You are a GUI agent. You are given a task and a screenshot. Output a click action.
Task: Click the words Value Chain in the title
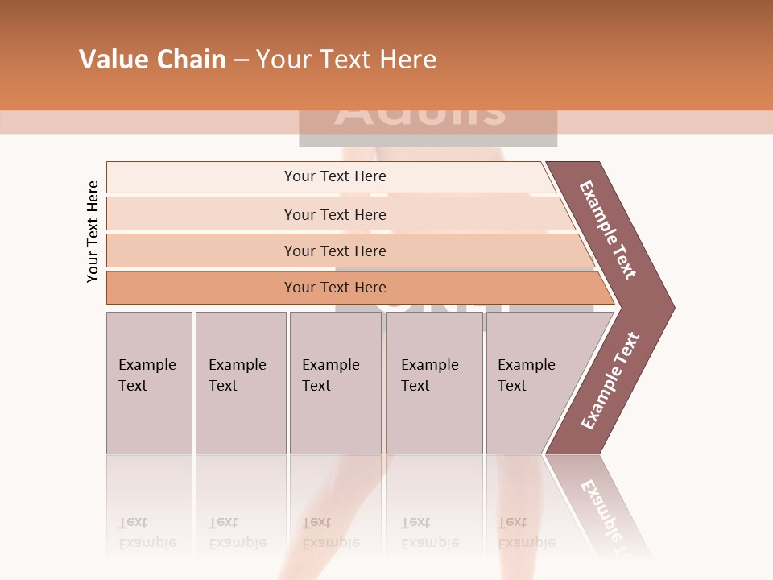(152, 60)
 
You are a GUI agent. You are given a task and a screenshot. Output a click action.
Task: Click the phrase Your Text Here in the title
(346, 60)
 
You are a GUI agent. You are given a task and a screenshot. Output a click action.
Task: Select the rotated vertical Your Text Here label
(93, 231)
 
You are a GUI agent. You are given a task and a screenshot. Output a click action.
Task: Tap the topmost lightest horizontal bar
(334, 176)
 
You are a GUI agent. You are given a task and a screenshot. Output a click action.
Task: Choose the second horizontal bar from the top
(334, 214)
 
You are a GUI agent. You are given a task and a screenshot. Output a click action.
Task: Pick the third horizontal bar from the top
(334, 251)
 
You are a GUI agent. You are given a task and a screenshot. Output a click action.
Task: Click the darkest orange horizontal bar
(334, 288)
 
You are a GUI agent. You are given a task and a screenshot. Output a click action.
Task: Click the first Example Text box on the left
(149, 383)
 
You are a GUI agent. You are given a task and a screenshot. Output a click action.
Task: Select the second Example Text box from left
(240, 383)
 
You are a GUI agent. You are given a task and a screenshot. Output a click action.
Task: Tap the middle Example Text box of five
(335, 383)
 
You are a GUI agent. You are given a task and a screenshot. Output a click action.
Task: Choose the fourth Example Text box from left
(433, 383)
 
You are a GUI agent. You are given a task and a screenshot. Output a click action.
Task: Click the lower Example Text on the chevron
(610, 380)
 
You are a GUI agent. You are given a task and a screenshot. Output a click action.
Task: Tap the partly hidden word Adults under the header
(420, 114)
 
